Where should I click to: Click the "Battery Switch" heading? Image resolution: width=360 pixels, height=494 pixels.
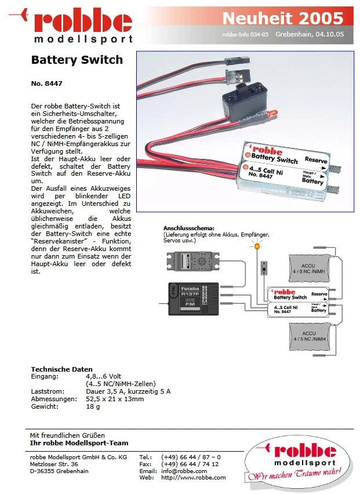77,60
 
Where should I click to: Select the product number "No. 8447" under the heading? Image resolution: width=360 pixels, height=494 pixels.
46,83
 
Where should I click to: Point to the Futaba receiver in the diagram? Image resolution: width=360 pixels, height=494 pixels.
193,299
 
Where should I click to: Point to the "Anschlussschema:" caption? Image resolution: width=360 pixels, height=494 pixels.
189,228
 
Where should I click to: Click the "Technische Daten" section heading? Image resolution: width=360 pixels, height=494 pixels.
61,369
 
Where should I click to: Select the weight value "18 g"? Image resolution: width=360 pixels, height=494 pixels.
93,406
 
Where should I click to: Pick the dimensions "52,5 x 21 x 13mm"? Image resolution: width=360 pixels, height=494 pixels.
115,399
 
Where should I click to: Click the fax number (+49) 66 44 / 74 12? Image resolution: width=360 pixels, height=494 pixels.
190,464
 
